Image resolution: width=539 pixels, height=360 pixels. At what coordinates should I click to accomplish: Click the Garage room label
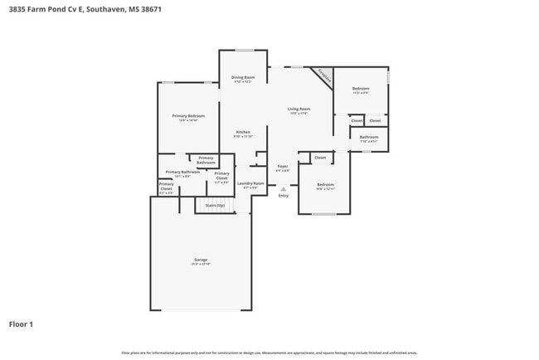201,260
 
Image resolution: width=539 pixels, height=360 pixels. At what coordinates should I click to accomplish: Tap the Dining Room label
242,79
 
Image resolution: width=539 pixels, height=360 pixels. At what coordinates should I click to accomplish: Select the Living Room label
299,110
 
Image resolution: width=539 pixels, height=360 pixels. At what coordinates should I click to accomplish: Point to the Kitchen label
243,134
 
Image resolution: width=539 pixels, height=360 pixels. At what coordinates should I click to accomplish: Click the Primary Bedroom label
188,118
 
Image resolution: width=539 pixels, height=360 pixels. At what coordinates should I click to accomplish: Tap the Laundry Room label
250,184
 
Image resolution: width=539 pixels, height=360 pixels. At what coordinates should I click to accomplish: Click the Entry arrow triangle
284,188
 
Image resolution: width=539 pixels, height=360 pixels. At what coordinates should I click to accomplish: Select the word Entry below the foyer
284,196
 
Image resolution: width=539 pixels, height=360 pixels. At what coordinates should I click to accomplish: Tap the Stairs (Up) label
216,204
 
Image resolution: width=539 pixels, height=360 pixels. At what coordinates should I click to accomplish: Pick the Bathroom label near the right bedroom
369,138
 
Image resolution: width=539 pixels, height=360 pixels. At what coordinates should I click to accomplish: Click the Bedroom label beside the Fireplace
361,90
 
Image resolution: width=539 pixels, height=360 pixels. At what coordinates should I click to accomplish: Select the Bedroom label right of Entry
325,186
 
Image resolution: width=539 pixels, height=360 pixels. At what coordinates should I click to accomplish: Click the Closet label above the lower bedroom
319,157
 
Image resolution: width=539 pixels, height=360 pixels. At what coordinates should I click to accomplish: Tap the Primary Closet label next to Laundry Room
221,175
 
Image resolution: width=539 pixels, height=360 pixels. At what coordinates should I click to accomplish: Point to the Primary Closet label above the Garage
167,187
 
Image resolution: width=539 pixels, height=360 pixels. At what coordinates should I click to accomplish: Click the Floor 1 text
21,324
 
